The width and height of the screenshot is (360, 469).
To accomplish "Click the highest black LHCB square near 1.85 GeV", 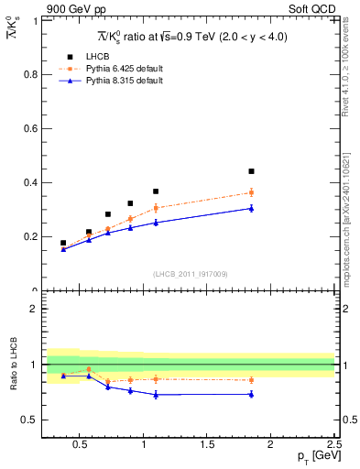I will pos(251,171).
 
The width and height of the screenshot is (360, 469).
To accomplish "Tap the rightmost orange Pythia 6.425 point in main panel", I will pos(251,192).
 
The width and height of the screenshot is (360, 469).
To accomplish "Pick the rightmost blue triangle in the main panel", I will pos(251,208).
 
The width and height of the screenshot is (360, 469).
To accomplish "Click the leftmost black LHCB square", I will pos(62,243).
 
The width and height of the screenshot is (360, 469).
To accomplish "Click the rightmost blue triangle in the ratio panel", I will pos(251,394).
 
